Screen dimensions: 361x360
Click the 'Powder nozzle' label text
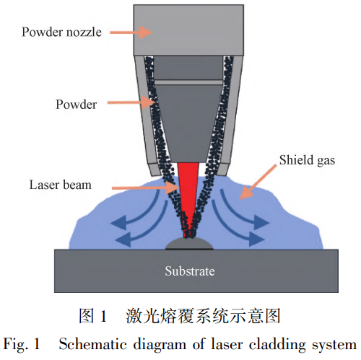click(61, 32)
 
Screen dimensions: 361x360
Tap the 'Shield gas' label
click(307, 160)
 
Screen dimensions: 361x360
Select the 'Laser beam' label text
click(61, 185)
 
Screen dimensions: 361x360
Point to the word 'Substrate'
click(190, 271)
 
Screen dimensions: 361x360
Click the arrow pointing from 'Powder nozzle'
click(131, 32)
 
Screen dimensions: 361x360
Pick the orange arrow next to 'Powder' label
click(131, 102)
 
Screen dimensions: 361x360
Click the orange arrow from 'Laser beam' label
click(145, 188)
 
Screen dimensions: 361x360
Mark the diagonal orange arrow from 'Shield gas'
click(258, 182)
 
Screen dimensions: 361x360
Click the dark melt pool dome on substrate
click(189, 244)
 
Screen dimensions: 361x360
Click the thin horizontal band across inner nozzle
click(188, 82)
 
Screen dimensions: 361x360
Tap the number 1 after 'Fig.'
click(37, 344)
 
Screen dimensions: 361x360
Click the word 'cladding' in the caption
click(277, 345)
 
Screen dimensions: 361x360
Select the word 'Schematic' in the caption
click(92, 344)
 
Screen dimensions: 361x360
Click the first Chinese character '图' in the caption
click(86, 316)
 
